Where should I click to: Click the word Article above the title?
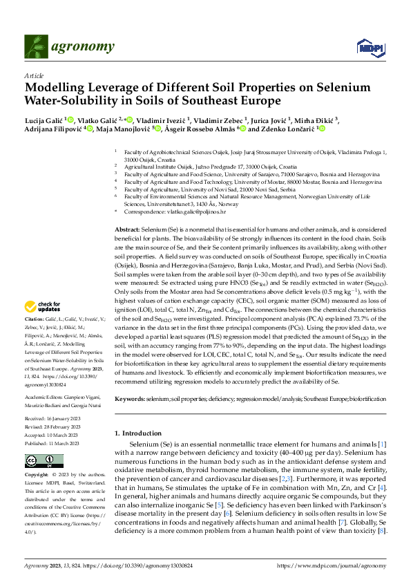coord(33,75)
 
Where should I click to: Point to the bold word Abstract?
coord(127,229)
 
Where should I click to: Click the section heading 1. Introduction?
coord(143,433)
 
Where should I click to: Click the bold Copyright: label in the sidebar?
coord(39,476)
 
